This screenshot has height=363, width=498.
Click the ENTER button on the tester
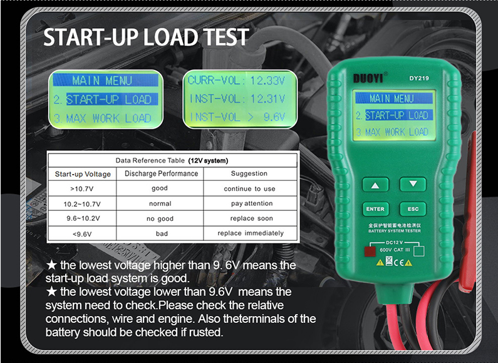[375, 210]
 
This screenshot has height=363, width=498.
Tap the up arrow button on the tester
[375, 185]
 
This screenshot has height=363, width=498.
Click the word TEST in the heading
[220, 38]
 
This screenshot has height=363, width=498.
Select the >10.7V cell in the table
[82, 188]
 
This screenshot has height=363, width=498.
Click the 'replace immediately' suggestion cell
[251, 233]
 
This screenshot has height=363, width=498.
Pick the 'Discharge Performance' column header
[161, 173]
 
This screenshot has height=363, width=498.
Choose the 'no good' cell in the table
[160, 218]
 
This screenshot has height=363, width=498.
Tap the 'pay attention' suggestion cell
[251, 203]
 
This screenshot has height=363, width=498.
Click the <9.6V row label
[82, 233]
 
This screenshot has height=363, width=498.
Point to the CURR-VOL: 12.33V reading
[237, 81]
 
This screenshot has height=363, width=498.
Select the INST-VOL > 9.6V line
[237, 117]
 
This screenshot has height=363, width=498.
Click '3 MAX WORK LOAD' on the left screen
[102, 118]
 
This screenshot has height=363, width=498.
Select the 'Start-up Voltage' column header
[83, 173]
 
